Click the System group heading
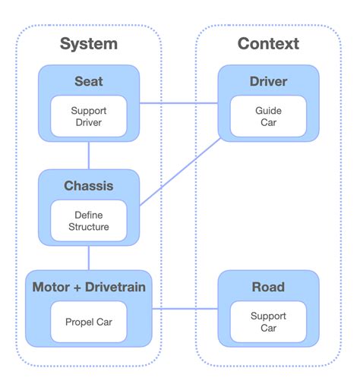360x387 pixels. click(x=89, y=43)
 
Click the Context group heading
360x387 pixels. click(x=268, y=43)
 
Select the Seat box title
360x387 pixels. click(x=89, y=81)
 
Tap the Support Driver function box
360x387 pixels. click(x=89, y=116)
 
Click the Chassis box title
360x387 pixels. click(x=89, y=186)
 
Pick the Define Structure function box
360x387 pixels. click(x=89, y=221)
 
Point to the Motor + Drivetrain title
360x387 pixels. click(x=89, y=288)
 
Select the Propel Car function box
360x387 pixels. click(x=89, y=322)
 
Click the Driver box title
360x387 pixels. click(x=268, y=81)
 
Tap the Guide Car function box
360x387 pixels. click(x=268, y=116)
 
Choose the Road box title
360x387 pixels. click(x=268, y=288)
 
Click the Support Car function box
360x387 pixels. click(x=268, y=322)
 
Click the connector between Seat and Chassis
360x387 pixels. click(x=89, y=155)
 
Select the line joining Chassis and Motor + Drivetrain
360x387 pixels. click(x=89, y=258)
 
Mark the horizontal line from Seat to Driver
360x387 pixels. click(x=179, y=103)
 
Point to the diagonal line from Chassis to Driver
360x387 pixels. click(x=181, y=172)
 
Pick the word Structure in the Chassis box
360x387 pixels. click(x=89, y=227)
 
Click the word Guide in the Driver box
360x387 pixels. click(x=268, y=110)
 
